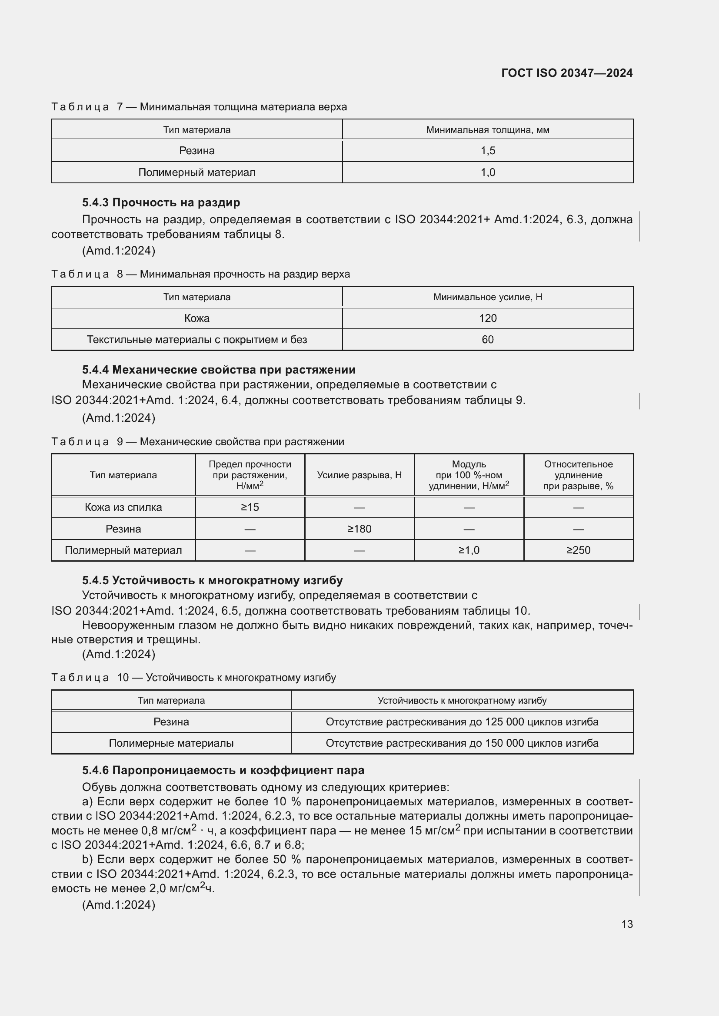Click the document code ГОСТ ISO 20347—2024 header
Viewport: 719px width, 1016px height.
coord(567,73)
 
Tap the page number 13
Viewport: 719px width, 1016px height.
coord(627,924)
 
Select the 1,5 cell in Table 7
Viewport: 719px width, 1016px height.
coord(487,151)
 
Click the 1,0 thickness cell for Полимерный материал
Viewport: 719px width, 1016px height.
coord(487,172)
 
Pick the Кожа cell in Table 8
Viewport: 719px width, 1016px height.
coord(196,318)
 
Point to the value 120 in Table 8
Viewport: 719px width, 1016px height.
coord(487,318)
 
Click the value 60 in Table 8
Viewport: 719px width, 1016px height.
coord(487,339)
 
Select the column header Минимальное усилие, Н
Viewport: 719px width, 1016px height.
coord(487,297)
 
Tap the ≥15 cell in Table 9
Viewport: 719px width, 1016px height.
coord(250,507)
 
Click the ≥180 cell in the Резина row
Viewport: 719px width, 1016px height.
coord(359,529)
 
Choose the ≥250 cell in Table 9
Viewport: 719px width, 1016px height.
coord(578,550)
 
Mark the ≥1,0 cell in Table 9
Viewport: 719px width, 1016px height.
coord(469,550)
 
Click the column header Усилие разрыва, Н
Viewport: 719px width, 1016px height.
coord(359,475)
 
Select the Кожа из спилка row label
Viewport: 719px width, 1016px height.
coord(123,507)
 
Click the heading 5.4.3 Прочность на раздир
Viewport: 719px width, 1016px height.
coord(161,203)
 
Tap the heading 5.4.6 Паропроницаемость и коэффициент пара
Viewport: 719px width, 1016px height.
coord(223,771)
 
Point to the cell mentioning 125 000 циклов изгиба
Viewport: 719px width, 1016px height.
coord(462,722)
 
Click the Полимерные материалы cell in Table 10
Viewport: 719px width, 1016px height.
coord(171,743)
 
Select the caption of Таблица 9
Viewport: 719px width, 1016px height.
coord(198,442)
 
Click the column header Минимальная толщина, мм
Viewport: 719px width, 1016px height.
coord(487,129)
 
